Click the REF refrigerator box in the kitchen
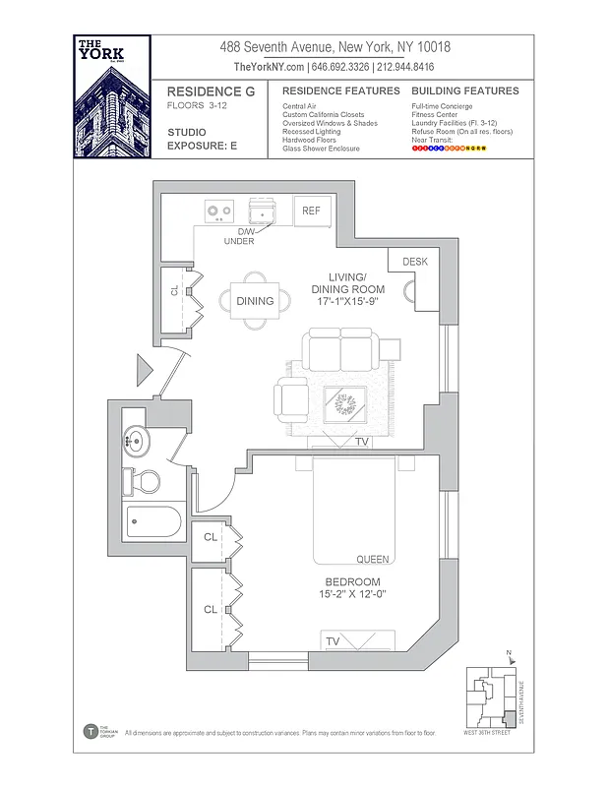(312, 211)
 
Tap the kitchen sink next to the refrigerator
(265, 211)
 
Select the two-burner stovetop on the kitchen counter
(219, 211)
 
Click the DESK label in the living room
(414, 262)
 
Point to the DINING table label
(255, 301)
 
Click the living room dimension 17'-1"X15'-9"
(345, 302)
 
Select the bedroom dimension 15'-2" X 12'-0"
(352, 594)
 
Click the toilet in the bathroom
(144, 482)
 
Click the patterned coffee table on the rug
(346, 403)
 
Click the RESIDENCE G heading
(211, 91)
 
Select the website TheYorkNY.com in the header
(270, 67)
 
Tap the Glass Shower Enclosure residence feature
(321, 149)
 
